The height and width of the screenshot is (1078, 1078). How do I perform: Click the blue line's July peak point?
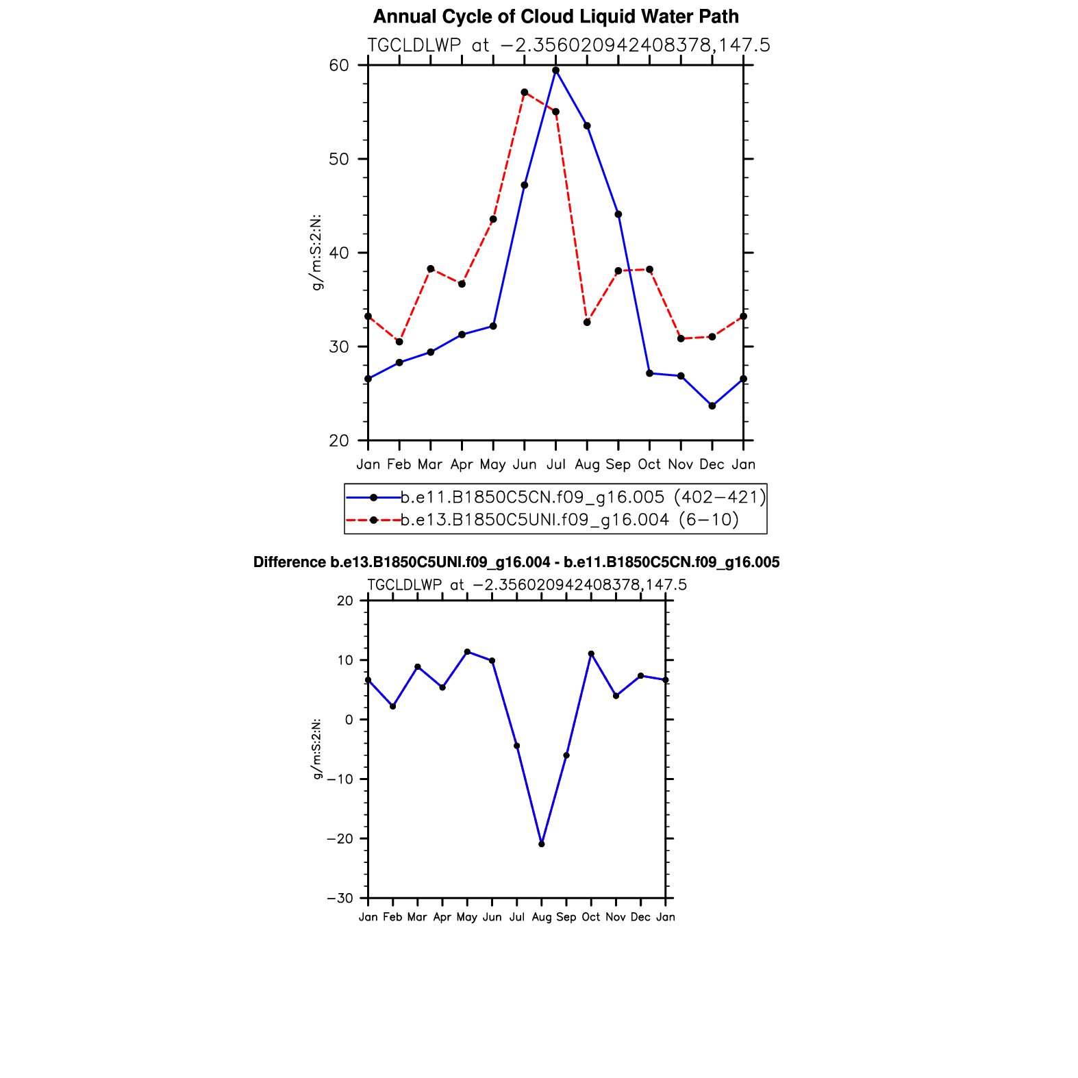555,71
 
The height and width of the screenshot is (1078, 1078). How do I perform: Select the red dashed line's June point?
525,92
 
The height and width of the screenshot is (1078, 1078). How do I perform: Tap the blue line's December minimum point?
712,406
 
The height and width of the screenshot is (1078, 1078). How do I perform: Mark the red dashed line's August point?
587,323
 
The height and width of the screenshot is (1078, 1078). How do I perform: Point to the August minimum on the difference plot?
542,844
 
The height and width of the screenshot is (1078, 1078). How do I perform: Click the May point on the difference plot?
467,652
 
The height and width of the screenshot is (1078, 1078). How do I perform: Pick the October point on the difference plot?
591,654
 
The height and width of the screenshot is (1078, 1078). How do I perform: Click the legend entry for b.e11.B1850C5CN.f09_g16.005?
583,497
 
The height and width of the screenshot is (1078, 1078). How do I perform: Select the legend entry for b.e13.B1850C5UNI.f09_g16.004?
569,520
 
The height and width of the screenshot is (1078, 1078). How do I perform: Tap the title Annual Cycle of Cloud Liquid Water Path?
555,16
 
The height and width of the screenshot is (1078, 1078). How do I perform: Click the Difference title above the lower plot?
516,562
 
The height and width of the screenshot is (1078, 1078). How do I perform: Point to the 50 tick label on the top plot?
339,159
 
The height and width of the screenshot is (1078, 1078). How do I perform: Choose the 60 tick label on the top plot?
339,66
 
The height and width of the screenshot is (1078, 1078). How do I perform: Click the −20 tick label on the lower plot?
340,839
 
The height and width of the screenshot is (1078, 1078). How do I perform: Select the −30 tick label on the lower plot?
340,899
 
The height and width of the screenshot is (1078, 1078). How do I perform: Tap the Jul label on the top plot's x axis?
555,464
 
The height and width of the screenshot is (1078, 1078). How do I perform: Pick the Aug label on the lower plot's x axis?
542,917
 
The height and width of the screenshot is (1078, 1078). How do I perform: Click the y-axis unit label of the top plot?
316,252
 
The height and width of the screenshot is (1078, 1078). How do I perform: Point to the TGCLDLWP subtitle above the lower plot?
527,585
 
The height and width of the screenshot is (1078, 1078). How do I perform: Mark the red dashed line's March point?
431,269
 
